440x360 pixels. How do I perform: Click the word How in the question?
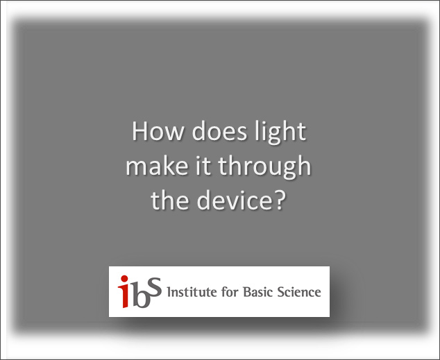(151, 132)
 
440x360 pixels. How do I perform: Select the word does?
(206, 132)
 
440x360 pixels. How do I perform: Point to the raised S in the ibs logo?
(155, 285)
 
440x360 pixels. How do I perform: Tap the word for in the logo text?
(229, 291)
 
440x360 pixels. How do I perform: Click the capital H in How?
(140, 132)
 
